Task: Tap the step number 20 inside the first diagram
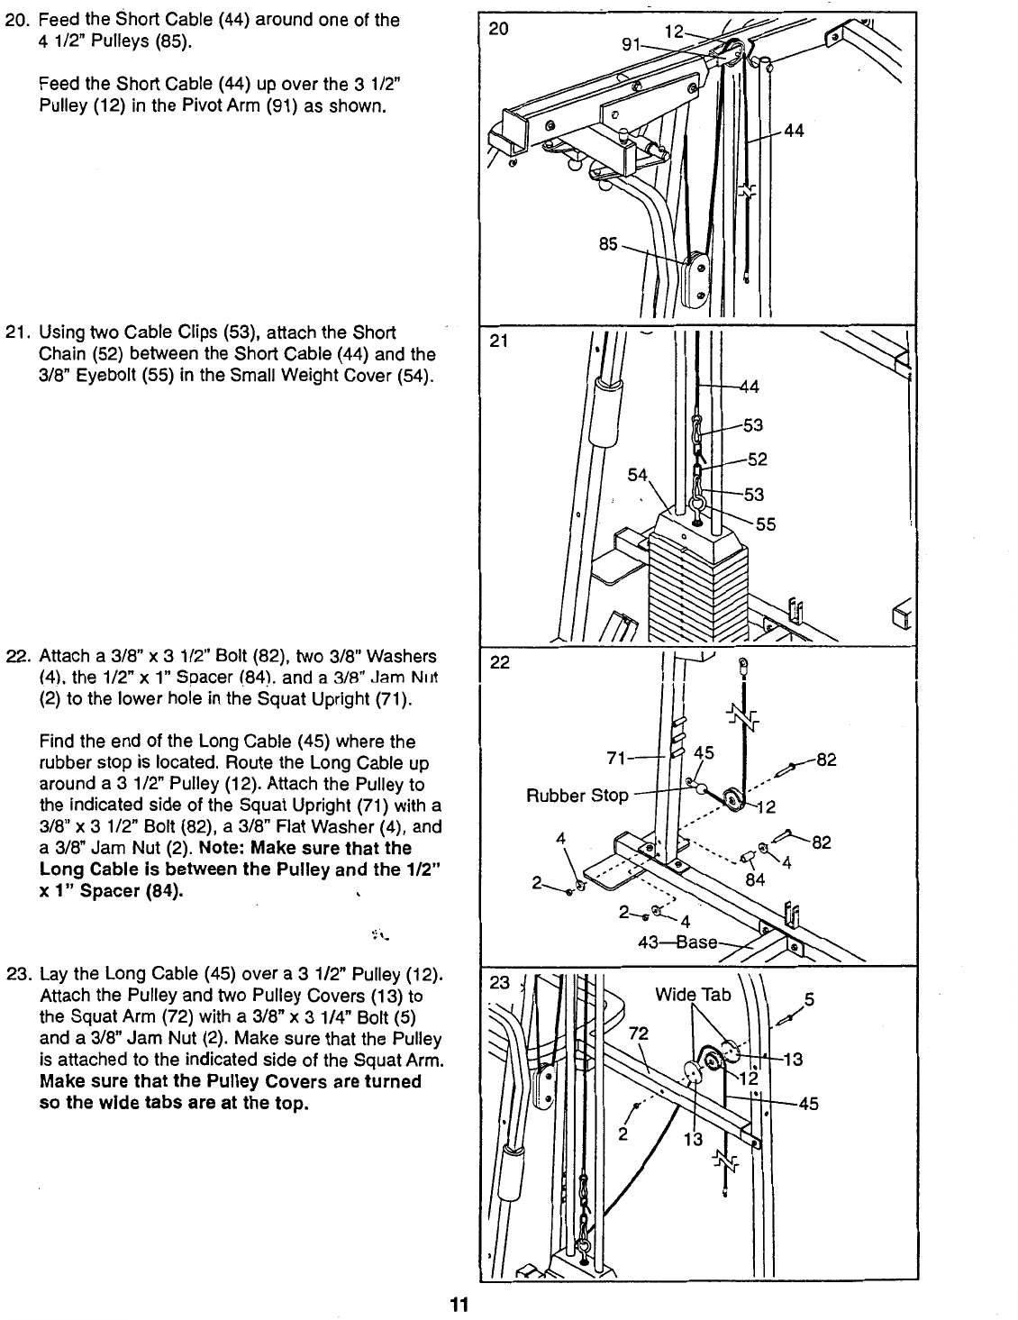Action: click(x=498, y=28)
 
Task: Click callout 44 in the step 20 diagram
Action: click(x=794, y=131)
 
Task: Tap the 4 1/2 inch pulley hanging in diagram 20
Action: click(x=696, y=279)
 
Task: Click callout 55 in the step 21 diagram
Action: click(x=766, y=524)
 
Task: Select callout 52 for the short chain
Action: click(x=758, y=460)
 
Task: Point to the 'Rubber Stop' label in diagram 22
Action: click(x=577, y=796)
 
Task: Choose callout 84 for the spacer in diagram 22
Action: click(x=755, y=879)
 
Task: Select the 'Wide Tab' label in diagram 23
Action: click(x=693, y=995)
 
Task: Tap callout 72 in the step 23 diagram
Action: click(x=638, y=1032)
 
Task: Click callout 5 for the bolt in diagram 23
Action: click(x=809, y=998)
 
